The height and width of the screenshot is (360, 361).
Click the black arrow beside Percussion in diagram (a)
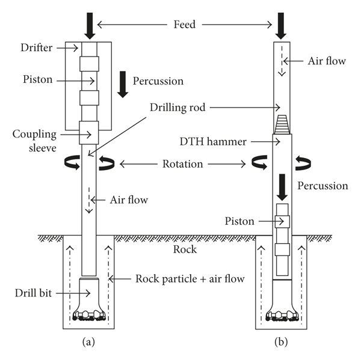coord(124,84)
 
